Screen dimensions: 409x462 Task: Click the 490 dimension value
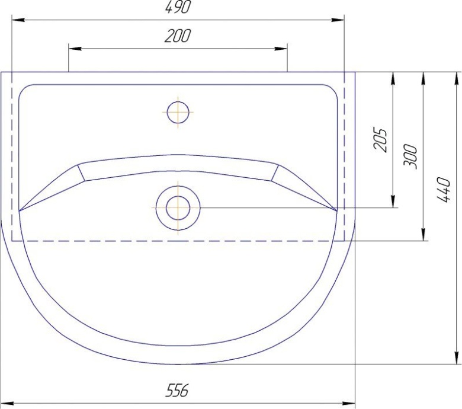178,8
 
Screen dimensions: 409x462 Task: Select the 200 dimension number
178,37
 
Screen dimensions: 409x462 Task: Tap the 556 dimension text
177,390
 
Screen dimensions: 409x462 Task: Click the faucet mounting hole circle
178,111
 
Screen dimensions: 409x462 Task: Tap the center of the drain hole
178,208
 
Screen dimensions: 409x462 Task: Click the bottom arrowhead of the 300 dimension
423,235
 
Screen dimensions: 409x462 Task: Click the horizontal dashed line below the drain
178,241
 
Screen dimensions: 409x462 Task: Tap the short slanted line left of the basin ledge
82,172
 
